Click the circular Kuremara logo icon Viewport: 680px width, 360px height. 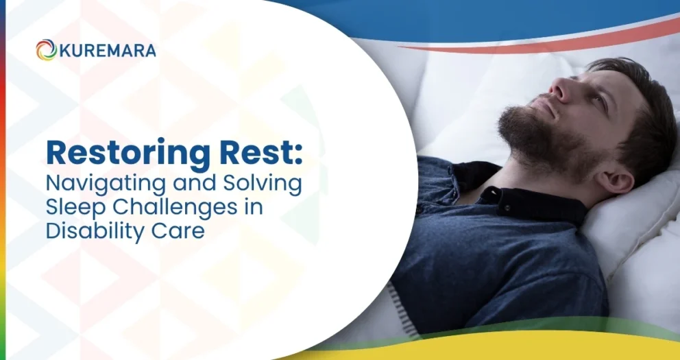(47, 50)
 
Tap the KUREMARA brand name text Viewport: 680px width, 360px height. (107, 50)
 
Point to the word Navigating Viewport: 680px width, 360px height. (106, 184)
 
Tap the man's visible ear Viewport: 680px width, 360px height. (611, 178)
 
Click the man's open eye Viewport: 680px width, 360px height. (598, 98)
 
